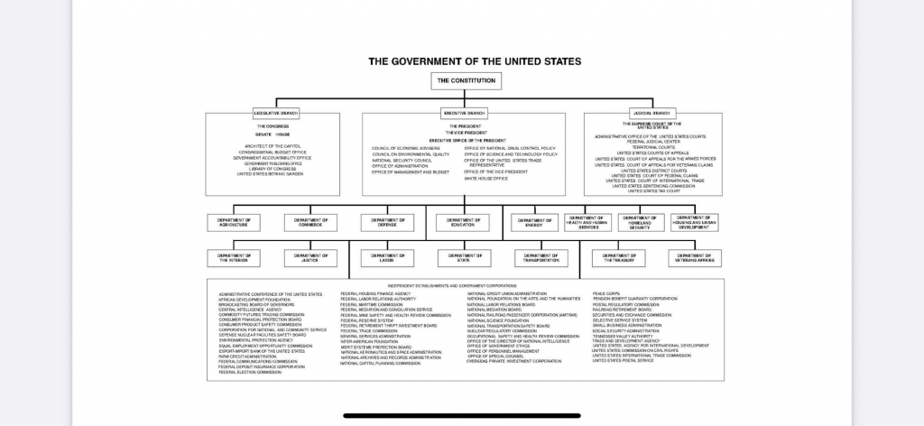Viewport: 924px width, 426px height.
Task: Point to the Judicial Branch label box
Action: (x=652, y=113)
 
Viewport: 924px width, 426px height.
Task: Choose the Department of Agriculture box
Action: (x=234, y=222)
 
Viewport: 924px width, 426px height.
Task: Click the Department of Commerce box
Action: (x=310, y=222)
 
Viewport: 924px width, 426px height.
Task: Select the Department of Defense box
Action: (x=388, y=222)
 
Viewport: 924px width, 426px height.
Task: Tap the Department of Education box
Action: (x=463, y=222)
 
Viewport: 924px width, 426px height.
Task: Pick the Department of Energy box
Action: (x=534, y=222)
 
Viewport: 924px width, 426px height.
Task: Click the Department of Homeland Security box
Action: (x=641, y=222)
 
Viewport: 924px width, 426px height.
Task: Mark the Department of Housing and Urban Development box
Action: (x=695, y=222)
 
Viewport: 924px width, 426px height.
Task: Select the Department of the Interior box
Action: (x=234, y=258)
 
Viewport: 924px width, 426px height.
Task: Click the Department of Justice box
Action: (x=310, y=258)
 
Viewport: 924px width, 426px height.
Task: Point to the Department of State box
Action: (x=464, y=258)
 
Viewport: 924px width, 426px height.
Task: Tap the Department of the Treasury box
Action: (x=618, y=258)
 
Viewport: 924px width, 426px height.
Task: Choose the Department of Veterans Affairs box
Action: (x=695, y=258)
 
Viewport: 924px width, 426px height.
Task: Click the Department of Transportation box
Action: (x=541, y=258)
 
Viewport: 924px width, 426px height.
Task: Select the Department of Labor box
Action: (x=388, y=258)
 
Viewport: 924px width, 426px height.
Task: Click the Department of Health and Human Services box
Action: (x=588, y=222)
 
